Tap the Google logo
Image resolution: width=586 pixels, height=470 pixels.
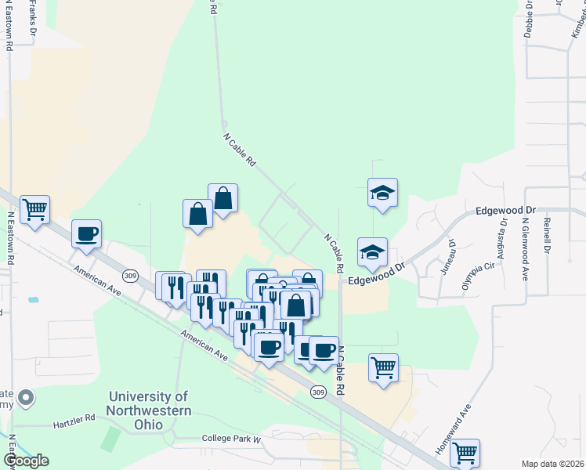click(x=26, y=461)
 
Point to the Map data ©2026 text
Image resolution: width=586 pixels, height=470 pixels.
click(x=552, y=464)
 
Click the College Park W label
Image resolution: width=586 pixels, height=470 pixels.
click(x=230, y=439)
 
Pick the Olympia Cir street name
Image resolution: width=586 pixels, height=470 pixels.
click(x=479, y=277)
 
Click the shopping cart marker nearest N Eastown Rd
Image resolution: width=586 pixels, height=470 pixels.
click(x=34, y=210)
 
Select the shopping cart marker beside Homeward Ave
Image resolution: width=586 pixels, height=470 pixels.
click(x=465, y=452)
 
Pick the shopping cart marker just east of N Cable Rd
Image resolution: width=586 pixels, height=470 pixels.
click(x=383, y=367)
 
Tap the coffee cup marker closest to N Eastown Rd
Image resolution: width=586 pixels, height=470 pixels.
click(x=86, y=233)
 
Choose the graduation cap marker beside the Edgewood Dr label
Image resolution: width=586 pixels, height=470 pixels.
click(x=373, y=251)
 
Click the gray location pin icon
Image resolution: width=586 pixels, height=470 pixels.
click(x=26, y=398)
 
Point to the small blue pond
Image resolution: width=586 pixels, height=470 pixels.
click(x=33, y=299)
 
